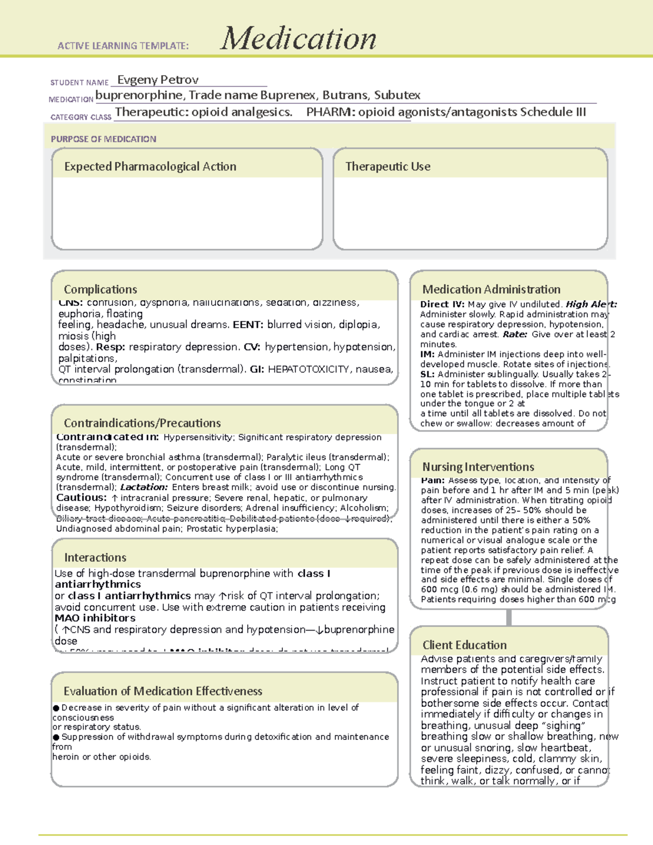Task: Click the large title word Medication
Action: click(298, 39)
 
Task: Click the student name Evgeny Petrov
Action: click(158, 80)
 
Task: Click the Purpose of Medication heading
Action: click(103, 139)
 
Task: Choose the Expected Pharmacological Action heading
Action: click(150, 166)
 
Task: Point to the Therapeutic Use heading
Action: click(387, 166)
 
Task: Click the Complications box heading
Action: click(100, 289)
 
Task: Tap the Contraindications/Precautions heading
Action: click(142, 423)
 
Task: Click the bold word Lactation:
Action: click(144, 488)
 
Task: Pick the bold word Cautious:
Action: click(82, 498)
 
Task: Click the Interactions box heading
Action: click(95, 558)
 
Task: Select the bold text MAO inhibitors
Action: click(95, 618)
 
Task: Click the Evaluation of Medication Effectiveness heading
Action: click(163, 692)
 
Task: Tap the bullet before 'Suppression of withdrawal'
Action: click(56, 737)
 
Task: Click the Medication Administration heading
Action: click(491, 289)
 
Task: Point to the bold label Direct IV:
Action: click(442, 305)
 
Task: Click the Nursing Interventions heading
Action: click(478, 467)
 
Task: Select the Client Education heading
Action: click(464, 645)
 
